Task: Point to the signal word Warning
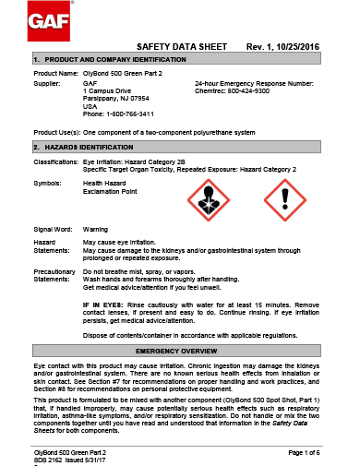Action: tap(96, 227)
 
